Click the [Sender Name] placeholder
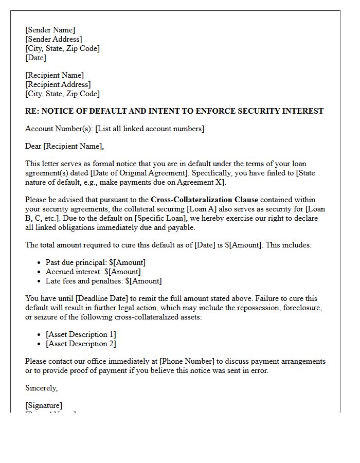[50, 30]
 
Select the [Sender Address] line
[53, 39]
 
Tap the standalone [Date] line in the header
[35, 58]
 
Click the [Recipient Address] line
[58, 84]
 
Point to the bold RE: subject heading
[174, 111]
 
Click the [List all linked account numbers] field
[150, 129]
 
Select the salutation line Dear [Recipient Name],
[64, 146]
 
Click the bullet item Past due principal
[96, 262]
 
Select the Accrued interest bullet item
[93, 272]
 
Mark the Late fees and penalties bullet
[103, 281]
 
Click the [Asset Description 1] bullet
[81, 334]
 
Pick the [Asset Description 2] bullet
[81, 344]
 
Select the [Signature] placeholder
[44, 405]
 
